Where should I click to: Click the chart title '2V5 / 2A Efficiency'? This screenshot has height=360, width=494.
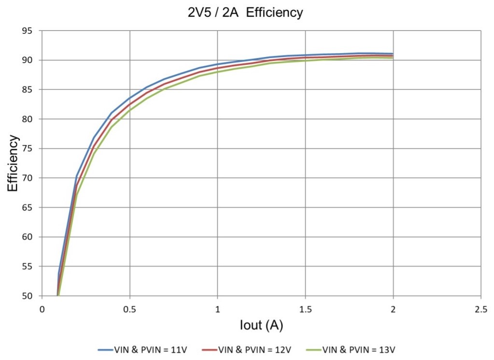[245, 13]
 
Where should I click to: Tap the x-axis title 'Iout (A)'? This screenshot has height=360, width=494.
[261, 325]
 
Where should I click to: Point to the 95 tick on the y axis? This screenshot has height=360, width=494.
[32, 31]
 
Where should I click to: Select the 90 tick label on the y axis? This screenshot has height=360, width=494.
[32, 60]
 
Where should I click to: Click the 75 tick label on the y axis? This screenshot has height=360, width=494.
[32, 149]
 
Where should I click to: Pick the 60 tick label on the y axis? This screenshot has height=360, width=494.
[32, 237]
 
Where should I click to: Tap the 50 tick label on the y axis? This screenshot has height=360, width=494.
[32, 296]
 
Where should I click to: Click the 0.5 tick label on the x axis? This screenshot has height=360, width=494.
[129, 308]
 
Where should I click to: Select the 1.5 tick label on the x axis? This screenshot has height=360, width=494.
[305, 308]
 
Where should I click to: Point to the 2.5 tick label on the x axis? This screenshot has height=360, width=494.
[481, 308]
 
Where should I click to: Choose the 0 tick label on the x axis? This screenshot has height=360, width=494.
[42, 308]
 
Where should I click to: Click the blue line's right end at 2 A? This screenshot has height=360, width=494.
[393, 54]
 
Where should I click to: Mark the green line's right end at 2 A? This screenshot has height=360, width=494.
[393, 58]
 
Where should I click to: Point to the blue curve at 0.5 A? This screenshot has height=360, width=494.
[129, 99]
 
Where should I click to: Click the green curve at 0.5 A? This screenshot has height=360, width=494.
[129, 111]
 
